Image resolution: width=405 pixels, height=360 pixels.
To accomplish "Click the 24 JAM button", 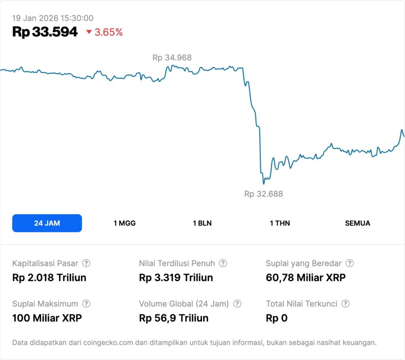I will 47,223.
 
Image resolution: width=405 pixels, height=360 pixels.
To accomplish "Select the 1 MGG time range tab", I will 124,223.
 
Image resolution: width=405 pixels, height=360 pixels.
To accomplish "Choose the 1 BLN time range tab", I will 202,223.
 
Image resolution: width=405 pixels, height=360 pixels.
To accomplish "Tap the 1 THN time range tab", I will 280,223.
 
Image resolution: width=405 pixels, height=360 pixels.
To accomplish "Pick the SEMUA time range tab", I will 358,223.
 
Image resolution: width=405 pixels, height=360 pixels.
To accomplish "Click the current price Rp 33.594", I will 45,32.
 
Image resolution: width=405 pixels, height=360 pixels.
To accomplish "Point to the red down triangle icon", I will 89,32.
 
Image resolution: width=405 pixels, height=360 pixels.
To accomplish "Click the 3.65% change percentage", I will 109,32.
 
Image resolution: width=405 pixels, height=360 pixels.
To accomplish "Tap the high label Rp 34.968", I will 172,58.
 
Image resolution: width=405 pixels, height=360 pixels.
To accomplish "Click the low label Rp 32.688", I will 264,194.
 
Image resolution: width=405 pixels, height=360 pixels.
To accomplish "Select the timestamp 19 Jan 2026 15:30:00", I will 53,18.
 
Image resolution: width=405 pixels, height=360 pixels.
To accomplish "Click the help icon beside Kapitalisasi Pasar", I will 86,263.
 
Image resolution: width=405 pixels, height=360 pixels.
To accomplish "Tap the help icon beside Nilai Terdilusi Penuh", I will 223,263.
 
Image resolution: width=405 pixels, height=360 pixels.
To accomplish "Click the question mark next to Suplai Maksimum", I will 86,304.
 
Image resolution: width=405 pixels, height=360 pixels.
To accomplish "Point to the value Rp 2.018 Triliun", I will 49,278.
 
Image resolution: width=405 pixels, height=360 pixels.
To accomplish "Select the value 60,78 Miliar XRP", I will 306,278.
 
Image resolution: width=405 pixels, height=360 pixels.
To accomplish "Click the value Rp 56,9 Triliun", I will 174,318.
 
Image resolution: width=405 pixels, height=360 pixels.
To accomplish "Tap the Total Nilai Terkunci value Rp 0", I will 277,318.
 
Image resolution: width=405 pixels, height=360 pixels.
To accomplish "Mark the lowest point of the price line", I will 264,184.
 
